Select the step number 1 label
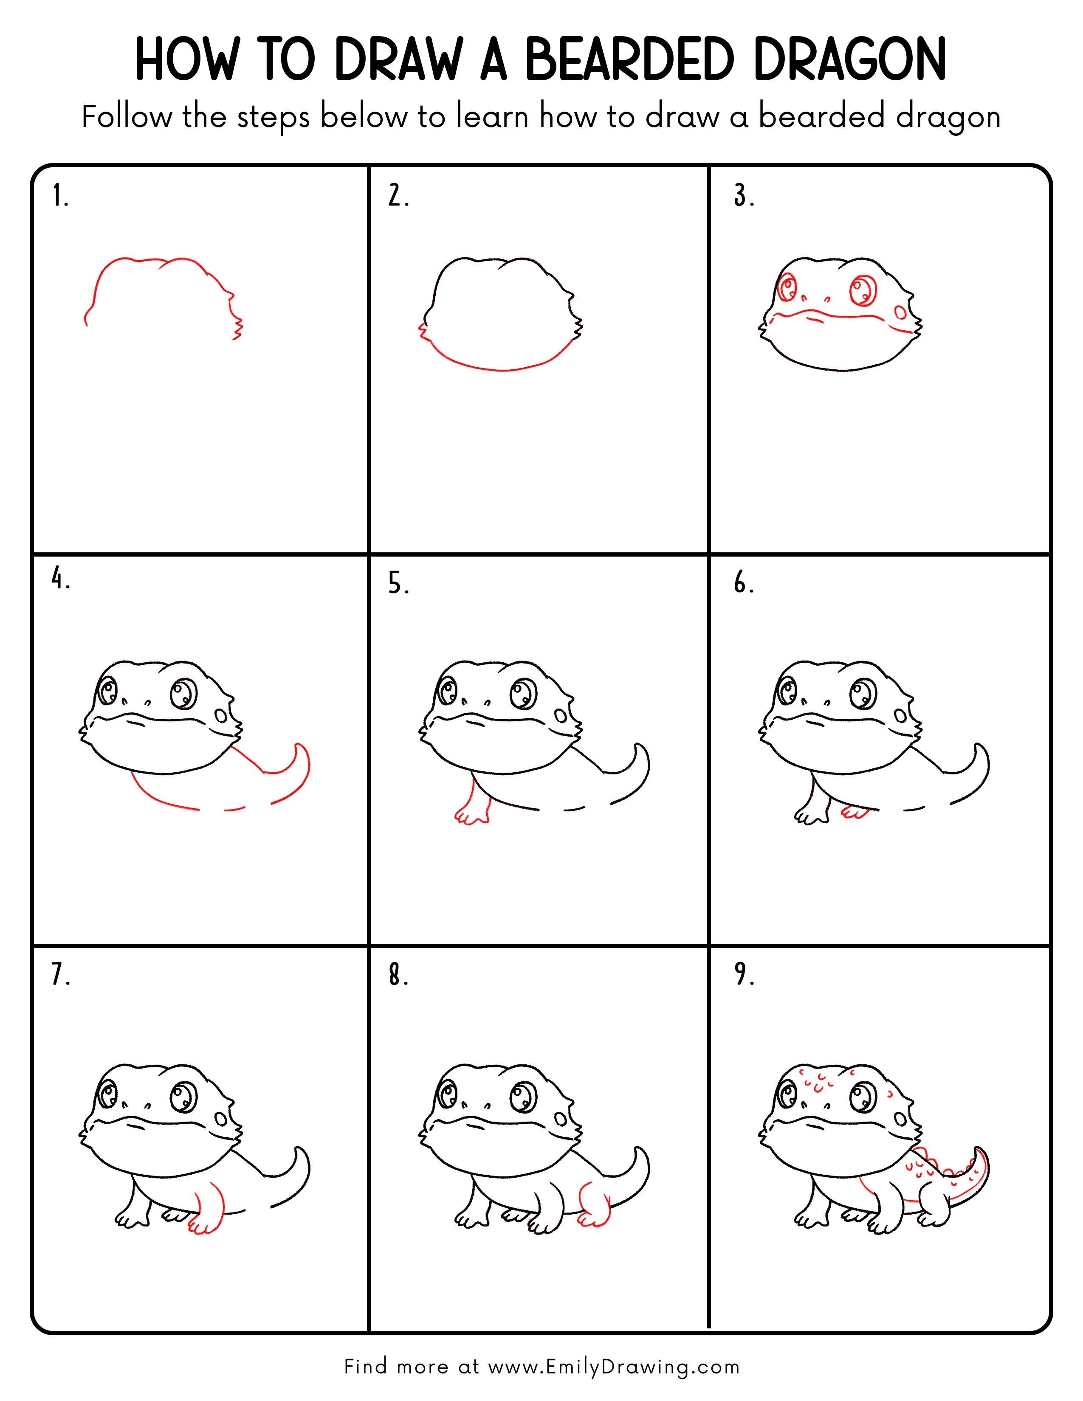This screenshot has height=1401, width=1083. pos(59,196)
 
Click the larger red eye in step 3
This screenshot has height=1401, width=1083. pos(863,290)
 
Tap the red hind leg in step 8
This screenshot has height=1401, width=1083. pos(593,1206)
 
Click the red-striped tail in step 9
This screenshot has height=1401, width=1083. pos(969,1180)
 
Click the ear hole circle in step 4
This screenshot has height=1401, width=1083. pos(221,715)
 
